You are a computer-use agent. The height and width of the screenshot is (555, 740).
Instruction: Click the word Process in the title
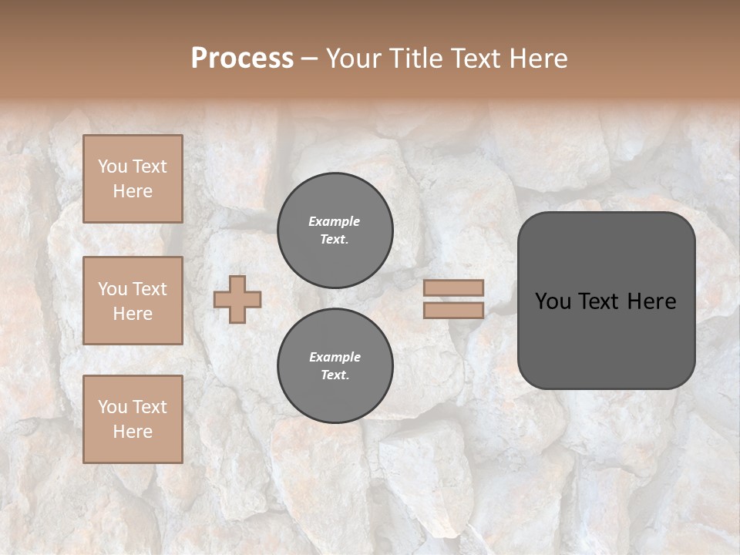click(242, 59)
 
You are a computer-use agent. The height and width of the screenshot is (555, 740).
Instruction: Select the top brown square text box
click(133, 179)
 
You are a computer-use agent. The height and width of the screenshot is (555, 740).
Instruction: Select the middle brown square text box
click(133, 301)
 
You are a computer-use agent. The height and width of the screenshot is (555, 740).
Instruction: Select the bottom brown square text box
click(133, 419)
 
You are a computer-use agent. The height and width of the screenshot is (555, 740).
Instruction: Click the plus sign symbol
click(237, 299)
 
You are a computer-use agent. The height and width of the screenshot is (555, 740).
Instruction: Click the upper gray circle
click(335, 230)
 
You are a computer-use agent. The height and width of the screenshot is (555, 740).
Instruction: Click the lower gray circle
click(335, 366)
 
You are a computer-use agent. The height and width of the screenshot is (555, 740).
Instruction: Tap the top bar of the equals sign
click(453, 288)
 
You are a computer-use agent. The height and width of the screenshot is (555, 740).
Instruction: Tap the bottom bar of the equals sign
click(453, 310)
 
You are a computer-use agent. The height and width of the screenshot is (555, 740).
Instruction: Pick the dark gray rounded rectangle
click(606, 339)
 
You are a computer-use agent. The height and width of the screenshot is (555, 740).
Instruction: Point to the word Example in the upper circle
click(335, 221)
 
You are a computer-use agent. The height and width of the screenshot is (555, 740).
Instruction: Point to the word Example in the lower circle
click(335, 357)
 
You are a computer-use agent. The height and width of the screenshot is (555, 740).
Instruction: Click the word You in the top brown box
click(113, 166)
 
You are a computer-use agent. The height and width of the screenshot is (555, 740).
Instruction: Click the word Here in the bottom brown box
click(133, 432)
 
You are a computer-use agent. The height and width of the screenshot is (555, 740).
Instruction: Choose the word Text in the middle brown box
click(150, 289)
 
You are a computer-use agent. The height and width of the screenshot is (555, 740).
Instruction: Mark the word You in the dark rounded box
click(553, 301)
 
